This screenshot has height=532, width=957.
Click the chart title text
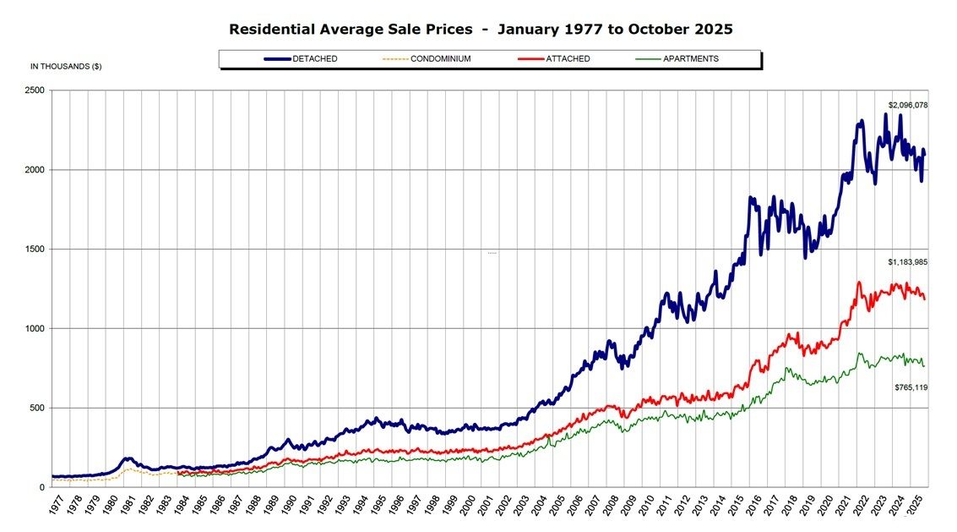pyautogui.click(x=481, y=30)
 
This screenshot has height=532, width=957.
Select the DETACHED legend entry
pyautogui.click(x=314, y=59)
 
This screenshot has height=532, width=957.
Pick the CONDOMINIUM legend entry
pyautogui.click(x=440, y=59)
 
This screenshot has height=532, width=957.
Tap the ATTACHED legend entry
pyautogui.click(x=567, y=59)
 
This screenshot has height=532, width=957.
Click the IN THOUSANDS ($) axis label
pyautogui.click(x=66, y=66)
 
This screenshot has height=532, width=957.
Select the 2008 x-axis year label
pyautogui.click(x=616, y=509)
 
